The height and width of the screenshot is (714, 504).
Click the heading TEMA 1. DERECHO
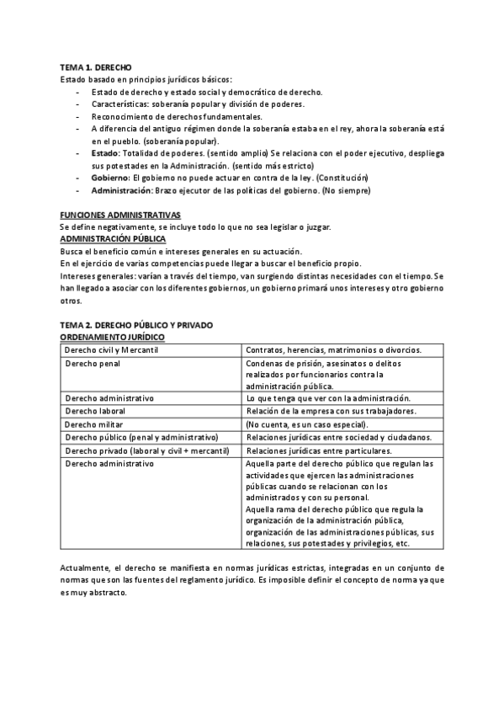point(95,67)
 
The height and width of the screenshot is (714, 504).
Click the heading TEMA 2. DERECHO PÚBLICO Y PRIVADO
point(136,324)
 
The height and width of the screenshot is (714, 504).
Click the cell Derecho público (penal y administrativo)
point(141,437)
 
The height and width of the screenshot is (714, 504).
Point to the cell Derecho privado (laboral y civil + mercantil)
point(147,450)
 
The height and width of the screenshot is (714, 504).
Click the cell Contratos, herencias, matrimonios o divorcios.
point(333,349)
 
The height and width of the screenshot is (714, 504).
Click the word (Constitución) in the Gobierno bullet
point(339,178)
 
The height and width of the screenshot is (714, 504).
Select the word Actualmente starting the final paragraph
point(87,568)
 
